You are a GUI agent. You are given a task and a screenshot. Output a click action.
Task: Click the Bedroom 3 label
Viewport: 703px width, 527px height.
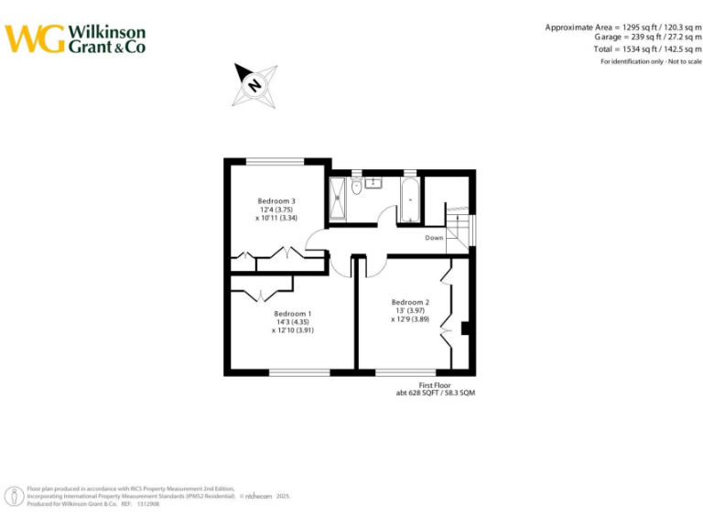[276, 200]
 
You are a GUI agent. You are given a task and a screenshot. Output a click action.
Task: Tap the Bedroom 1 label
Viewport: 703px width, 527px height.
[293, 314]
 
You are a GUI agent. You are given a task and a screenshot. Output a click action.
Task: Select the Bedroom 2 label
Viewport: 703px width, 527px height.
[410, 302]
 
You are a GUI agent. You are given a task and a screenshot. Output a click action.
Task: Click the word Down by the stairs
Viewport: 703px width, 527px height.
[434, 238]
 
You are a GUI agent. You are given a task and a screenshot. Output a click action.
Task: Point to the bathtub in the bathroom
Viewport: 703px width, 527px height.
[409, 199]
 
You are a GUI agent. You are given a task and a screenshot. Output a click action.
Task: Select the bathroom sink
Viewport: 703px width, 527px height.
[374, 183]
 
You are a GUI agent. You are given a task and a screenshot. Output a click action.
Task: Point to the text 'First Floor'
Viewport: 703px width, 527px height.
[437, 385]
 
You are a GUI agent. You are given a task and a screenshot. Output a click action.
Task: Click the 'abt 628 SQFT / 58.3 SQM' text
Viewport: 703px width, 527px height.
[436, 393]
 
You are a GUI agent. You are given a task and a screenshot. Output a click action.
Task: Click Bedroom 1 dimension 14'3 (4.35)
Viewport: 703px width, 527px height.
[293, 322]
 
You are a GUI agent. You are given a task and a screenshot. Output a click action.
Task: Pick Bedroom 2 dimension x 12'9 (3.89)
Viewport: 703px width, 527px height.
[410, 319]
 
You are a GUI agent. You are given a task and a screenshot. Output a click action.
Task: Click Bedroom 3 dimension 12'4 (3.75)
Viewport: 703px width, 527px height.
[276, 210]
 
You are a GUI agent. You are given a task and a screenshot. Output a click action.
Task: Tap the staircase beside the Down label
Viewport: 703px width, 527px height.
[460, 229]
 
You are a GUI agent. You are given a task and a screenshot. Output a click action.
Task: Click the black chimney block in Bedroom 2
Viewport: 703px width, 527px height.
[466, 328]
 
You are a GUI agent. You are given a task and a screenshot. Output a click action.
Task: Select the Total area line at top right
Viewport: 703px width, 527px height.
[646, 48]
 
